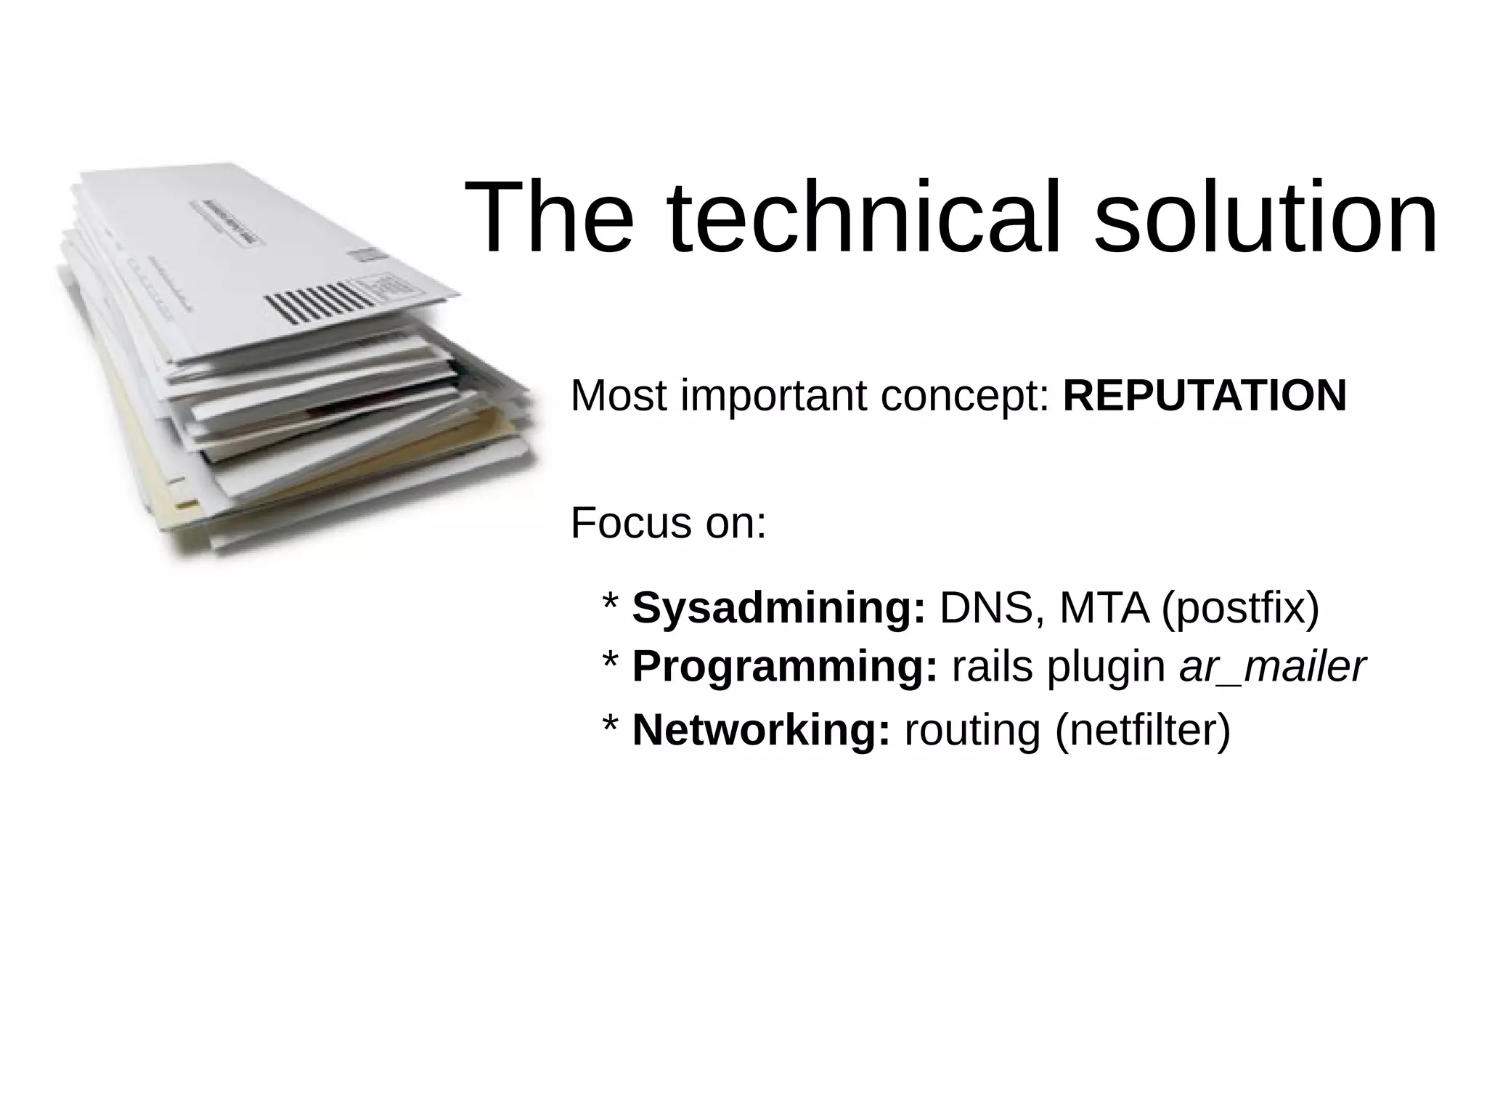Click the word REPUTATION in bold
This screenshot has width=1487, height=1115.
pos(1204,396)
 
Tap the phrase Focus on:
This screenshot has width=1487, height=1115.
pos(668,523)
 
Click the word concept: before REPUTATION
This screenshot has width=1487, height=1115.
pos(965,397)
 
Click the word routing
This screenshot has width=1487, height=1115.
pos(972,731)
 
